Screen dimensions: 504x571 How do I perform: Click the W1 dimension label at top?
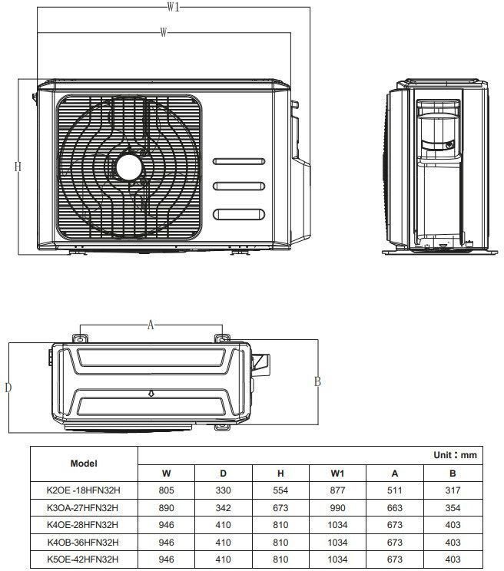(174, 7)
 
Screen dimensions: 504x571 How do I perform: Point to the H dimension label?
(18, 167)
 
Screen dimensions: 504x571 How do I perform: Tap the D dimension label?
(8, 388)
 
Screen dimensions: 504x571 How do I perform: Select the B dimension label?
(317, 381)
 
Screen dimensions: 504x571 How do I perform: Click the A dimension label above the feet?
(151, 325)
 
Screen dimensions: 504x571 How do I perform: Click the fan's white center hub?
(128, 167)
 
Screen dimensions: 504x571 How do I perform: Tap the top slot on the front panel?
(239, 161)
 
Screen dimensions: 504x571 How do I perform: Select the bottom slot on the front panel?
(239, 214)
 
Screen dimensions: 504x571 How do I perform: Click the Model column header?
(84, 464)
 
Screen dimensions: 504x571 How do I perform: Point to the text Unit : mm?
(455, 455)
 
